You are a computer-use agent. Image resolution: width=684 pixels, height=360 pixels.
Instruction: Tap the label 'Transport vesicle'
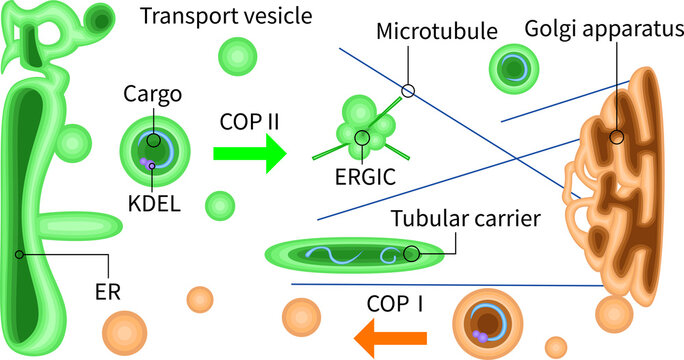coord(227,16)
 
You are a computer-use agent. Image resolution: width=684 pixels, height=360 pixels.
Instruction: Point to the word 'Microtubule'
coord(437,31)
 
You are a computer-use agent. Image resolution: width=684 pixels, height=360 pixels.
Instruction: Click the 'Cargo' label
coord(152,94)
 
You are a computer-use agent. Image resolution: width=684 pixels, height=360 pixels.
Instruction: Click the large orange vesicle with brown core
coord(489,323)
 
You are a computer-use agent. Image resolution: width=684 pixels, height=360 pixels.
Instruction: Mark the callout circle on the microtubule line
coord(407,91)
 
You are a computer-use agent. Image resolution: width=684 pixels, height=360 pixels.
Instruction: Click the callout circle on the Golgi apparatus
coord(618,138)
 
